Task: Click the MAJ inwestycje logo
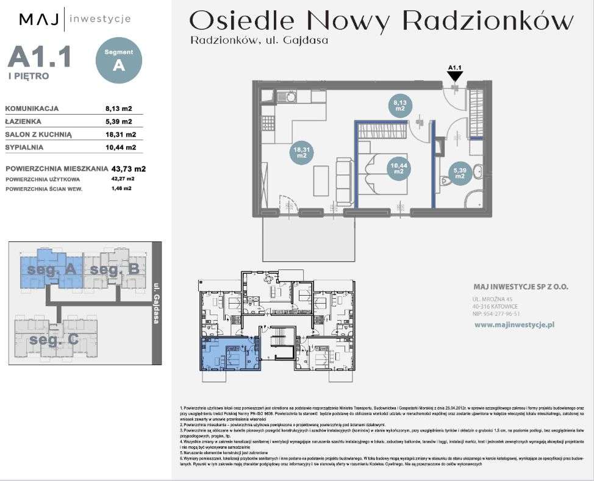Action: tap(75, 19)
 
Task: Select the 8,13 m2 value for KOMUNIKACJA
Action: tap(119, 109)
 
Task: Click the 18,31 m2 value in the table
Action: tap(121, 135)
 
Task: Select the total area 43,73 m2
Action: tap(129, 168)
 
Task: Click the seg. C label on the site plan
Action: tap(54, 340)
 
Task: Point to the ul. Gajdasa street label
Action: tap(156, 303)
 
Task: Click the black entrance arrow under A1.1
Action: tap(455, 76)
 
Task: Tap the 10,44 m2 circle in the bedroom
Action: tap(398, 168)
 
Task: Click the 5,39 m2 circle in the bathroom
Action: tap(460, 173)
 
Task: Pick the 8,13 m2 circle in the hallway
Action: tap(400, 107)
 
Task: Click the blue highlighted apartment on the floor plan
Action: tap(227, 355)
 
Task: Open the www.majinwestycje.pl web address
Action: tap(513, 326)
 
